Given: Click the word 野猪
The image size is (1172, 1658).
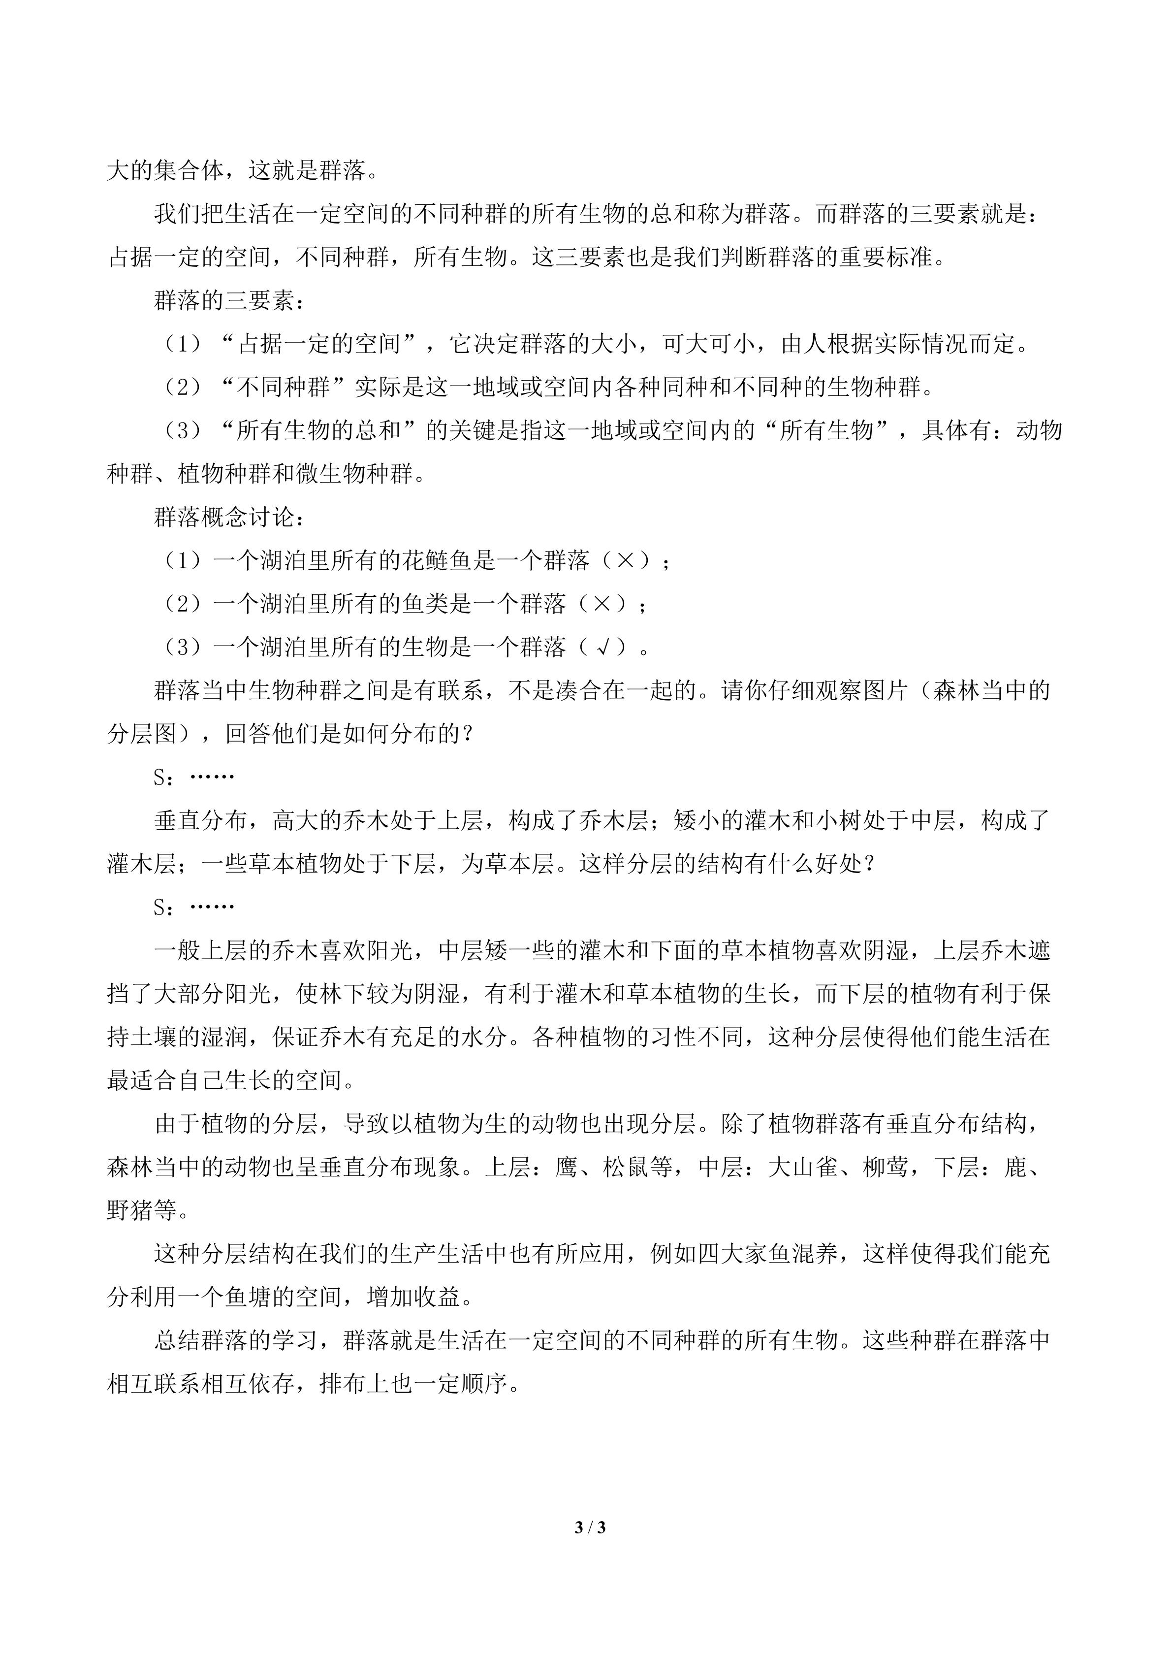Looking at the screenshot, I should tap(130, 1211).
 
